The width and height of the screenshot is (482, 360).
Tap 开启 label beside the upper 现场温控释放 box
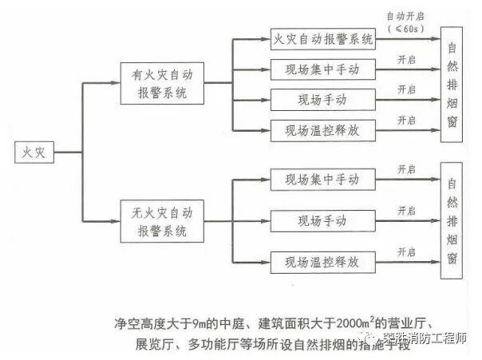tap(407, 120)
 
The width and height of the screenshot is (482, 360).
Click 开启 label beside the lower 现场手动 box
tap(407, 211)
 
